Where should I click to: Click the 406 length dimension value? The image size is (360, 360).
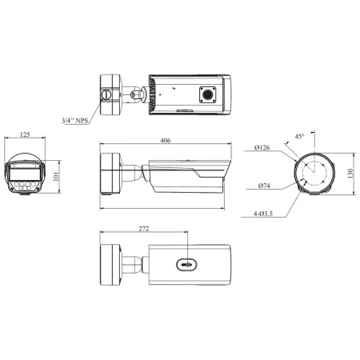tap(166, 140)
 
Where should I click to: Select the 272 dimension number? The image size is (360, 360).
tap(143, 229)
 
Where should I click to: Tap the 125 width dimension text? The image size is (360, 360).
tap(25, 134)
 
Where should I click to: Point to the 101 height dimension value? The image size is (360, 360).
tap(56, 177)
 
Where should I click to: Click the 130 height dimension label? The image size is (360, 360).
tap(350, 174)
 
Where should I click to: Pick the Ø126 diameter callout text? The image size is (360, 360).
tap(262, 147)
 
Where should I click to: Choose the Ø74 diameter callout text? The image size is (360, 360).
tap(264, 186)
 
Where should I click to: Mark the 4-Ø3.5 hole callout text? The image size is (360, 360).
tap(263, 214)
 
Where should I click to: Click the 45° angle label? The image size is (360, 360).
tap(299, 136)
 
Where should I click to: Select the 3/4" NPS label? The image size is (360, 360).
tap(75, 121)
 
